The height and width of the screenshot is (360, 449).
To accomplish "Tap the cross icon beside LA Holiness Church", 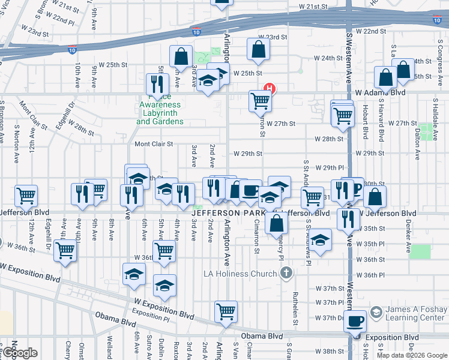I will (287, 274).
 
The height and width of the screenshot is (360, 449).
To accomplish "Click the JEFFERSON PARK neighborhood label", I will (229, 213).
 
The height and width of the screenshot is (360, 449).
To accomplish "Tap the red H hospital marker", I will (270, 89).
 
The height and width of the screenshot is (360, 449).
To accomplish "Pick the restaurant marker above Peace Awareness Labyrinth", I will (157, 84).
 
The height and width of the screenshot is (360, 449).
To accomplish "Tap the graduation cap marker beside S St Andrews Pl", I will (321, 241).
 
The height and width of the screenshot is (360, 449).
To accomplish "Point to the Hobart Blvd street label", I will (364, 123).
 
